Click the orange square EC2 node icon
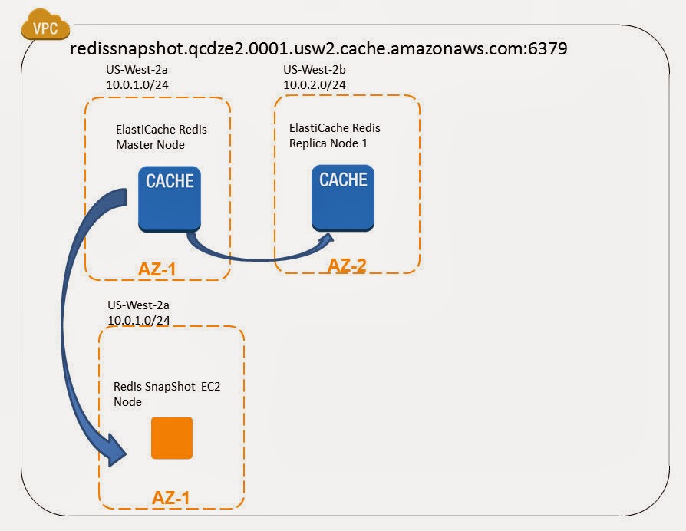[x=171, y=438]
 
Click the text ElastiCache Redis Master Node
[x=161, y=137]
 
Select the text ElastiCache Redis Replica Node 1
[x=335, y=135]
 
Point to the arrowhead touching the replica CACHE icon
[x=325, y=242]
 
